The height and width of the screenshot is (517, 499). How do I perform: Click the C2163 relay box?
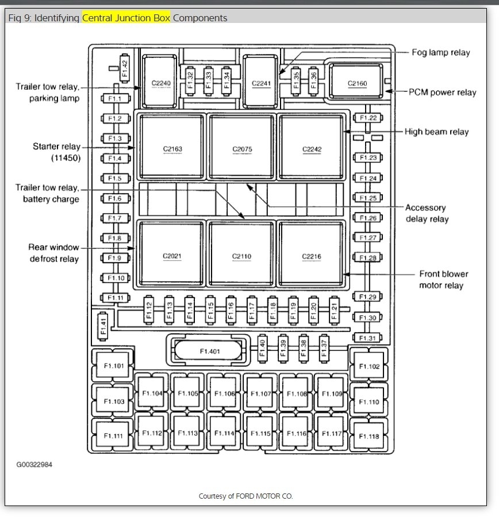click(x=172, y=145)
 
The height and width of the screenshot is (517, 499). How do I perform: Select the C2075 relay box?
click(x=242, y=145)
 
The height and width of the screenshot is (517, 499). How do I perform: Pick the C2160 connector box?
click(x=356, y=83)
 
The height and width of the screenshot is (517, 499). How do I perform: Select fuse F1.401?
click(x=209, y=350)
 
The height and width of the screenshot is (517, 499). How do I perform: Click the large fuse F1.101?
click(x=114, y=365)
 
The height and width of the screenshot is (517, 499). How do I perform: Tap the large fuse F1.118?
click(x=369, y=436)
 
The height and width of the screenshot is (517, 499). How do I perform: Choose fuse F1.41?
click(x=103, y=327)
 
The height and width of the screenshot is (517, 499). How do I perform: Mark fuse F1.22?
click(x=368, y=118)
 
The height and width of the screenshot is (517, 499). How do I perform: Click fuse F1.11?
click(x=116, y=298)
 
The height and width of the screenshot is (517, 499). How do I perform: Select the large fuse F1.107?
click(x=261, y=393)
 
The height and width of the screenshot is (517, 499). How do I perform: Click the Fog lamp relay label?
click(x=441, y=52)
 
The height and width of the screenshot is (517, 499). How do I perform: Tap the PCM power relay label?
click(x=442, y=92)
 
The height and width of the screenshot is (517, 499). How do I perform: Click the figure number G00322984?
click(x=34, y=464)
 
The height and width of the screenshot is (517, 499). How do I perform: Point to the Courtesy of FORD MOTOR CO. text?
click(x=245, y=496)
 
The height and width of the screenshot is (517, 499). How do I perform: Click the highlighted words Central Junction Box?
click(x=126, y=18)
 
